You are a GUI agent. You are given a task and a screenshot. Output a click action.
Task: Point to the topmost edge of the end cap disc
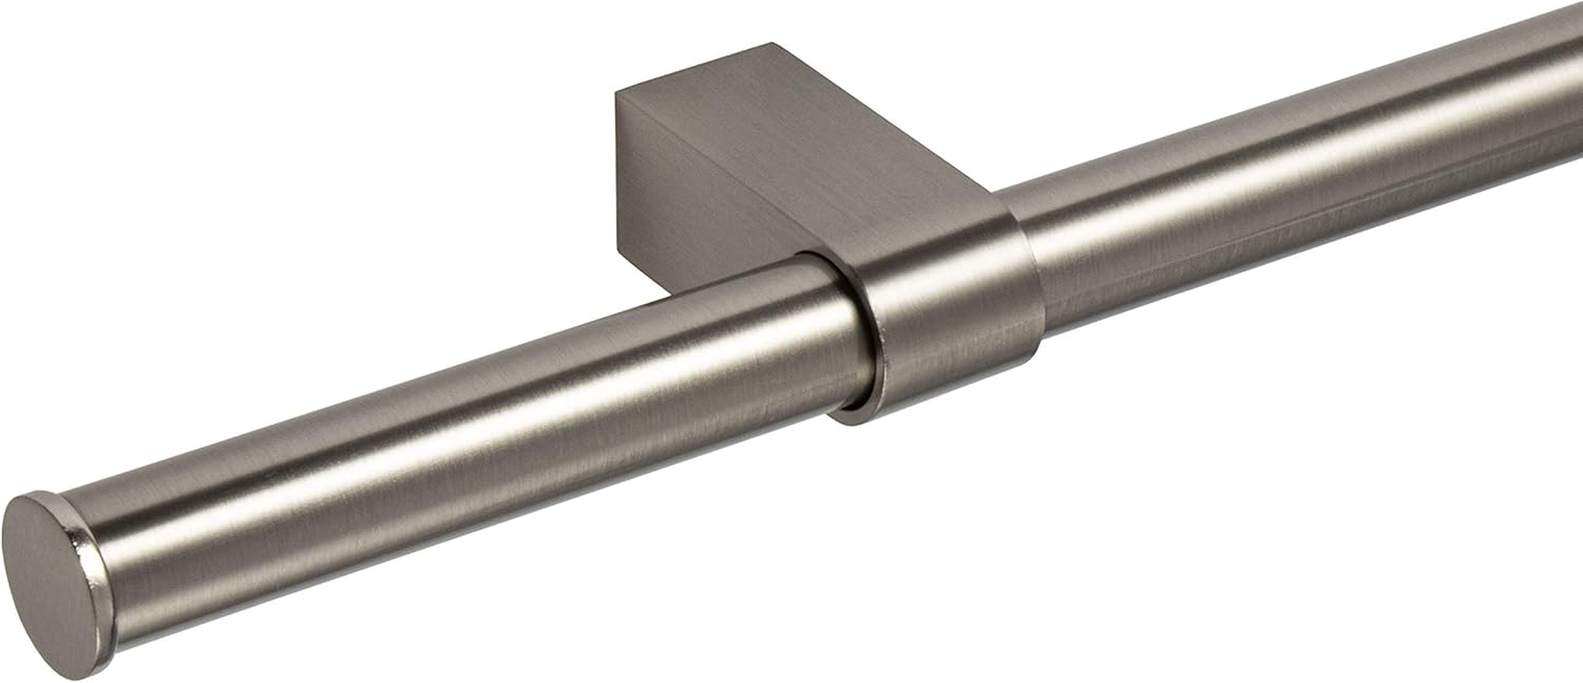pos(34,494)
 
